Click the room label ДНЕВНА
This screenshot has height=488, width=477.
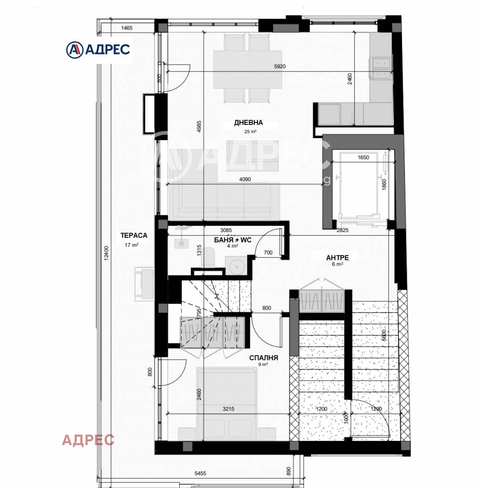coord(248,123)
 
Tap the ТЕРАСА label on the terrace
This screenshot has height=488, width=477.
coord(134,235)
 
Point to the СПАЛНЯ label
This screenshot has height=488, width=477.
coord(263,357)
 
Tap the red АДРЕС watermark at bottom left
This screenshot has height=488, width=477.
coord(88,440)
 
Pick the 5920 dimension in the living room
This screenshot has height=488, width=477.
coord(280,67)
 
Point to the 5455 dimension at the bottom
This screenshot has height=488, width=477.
coord(200,473)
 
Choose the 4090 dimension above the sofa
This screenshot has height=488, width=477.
coord(245,180)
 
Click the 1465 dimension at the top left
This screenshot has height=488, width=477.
coord(126,28)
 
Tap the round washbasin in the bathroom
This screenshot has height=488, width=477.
coord(237,266)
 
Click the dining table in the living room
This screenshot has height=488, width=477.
coord(248,69)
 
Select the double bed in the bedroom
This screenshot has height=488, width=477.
coord(228,400)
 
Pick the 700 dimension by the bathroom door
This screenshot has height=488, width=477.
coord(268,253)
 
